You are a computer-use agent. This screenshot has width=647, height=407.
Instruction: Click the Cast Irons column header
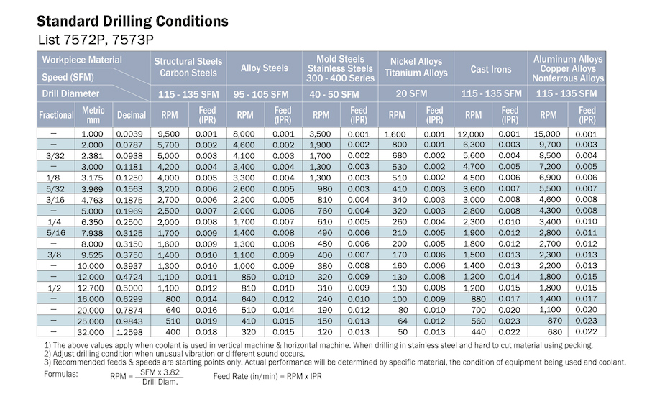click(x=490, y=69)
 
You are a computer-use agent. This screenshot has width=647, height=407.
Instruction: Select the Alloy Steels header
click(x=264, y=68)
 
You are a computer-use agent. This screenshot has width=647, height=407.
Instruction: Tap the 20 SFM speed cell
click(x=411, y=93)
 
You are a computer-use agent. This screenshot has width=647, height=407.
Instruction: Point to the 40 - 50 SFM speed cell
click(x=334, y=94)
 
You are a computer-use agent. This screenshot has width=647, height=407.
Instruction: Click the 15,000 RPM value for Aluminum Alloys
click(x=547, y=134)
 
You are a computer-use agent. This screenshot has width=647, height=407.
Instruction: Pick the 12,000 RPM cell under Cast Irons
click(x=471, y=134)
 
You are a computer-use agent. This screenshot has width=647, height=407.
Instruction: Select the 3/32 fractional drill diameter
click(x=55, y=156)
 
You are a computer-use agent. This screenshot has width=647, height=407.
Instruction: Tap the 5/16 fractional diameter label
click(x=55, y=233)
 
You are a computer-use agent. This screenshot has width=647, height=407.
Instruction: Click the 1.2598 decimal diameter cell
click(x=129, y=332)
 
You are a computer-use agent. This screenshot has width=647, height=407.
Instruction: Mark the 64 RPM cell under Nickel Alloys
click(x=403, y=321)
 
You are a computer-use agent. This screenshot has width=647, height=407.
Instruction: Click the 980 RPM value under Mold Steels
click(x=325, y=188)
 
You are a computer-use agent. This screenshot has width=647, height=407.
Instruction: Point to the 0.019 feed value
click(x=206, y=321)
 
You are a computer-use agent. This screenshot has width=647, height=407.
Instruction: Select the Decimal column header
click(x=132, y=115)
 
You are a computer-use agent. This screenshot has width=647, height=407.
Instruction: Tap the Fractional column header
click(x=55, y=115)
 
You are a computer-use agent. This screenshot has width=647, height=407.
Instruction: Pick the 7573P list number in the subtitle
click(x=132, y=40)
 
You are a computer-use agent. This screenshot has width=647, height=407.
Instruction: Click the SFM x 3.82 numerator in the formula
click(x=160, y=372)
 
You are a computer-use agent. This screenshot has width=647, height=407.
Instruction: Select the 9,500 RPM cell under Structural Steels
click(x=168, y=134)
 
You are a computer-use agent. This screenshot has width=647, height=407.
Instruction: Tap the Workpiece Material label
click(x=82, y=60)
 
